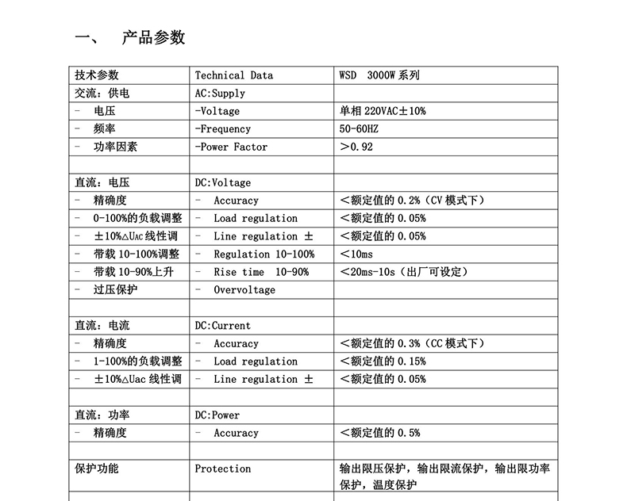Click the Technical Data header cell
pyautogui.click(x=233, y=75)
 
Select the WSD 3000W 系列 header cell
pyautogui.click(x=379, y=75)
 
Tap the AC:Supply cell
pyautogui.click(x=220, y=94)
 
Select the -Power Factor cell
pyautogui.click(x=231, y=147)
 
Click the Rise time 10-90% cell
pyautogui.click(x=261, y=272)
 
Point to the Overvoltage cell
pyautogui.click(x=244, y=290)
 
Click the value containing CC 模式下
pyautogui.click(x=411, y=343)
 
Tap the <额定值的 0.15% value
pyautogui.click(x=382, y=361)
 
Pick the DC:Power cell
pyautogui.click(x=217, y=415)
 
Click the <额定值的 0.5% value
pyautogui.click(x=379, y=433)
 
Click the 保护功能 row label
pyautogui.click(x=97, y=468)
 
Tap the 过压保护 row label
pyautogui.click(x=115, y=290)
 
